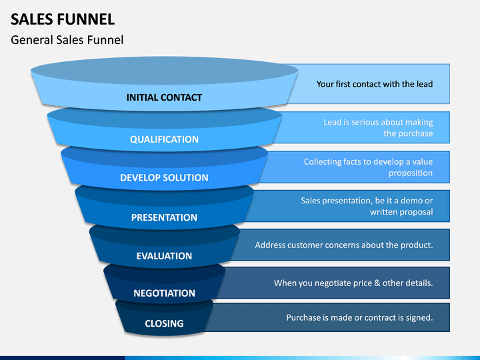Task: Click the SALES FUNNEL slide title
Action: click(x=63, y=19)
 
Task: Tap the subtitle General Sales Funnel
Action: click(x=67, y=40)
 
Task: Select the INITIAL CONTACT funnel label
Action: click(x=164, y=97)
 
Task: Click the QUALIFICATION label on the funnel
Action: click(x=164, y=139)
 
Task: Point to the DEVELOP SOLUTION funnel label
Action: click(x=164, y=177)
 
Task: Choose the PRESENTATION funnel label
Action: click(x=164, y=217)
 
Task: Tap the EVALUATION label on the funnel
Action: click(x=164, y=256)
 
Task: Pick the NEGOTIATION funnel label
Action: click(x=164, y=293)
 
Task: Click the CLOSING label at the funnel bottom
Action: click(x=164, y=323)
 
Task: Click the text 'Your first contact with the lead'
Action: click(x=375, y=84)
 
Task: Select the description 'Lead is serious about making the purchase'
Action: click(x=379, y=127)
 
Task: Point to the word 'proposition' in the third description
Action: click(x=411, y=173)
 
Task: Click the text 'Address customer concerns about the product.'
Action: click(x=344, y=245)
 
